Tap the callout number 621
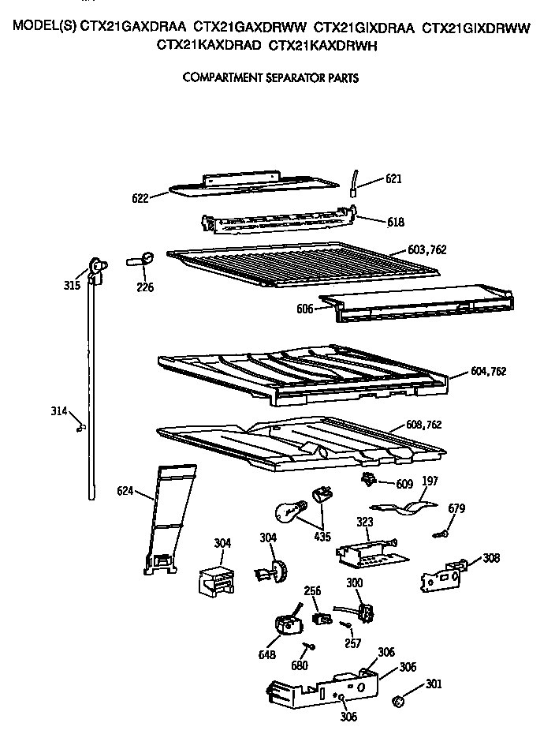(393, 179)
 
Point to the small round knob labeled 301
(400, 699)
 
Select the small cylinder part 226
(140, 260)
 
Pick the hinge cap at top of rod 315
(96, 268)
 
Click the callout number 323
(363, 522)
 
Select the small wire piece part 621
(355, 183)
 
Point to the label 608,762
(423, 425)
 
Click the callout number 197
(430, 480)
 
